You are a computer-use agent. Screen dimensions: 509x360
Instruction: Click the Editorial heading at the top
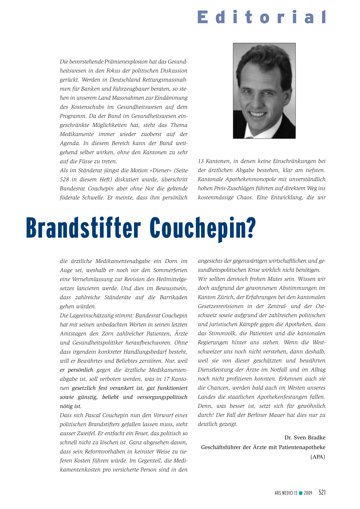tap(262, 17)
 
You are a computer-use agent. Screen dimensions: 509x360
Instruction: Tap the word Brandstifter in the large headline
tap(83, 228)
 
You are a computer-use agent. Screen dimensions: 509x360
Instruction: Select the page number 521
tap(322, 492)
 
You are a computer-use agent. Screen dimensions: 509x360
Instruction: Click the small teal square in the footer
tap(301, 493)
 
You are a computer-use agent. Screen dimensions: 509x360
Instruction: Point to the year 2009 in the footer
tap(308, 493)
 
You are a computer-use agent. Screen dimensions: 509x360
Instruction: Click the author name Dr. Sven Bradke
tap(305, 438)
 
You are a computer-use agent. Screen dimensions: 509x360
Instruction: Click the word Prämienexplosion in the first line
tap(127, 62)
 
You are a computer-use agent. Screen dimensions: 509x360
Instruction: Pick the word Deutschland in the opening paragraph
tap(125, 80)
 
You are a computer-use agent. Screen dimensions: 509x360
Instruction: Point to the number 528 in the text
tap(65, 180)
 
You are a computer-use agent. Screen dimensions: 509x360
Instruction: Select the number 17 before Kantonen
tap(166, 379)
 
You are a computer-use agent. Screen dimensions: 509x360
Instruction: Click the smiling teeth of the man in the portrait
tap(259, 114)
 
